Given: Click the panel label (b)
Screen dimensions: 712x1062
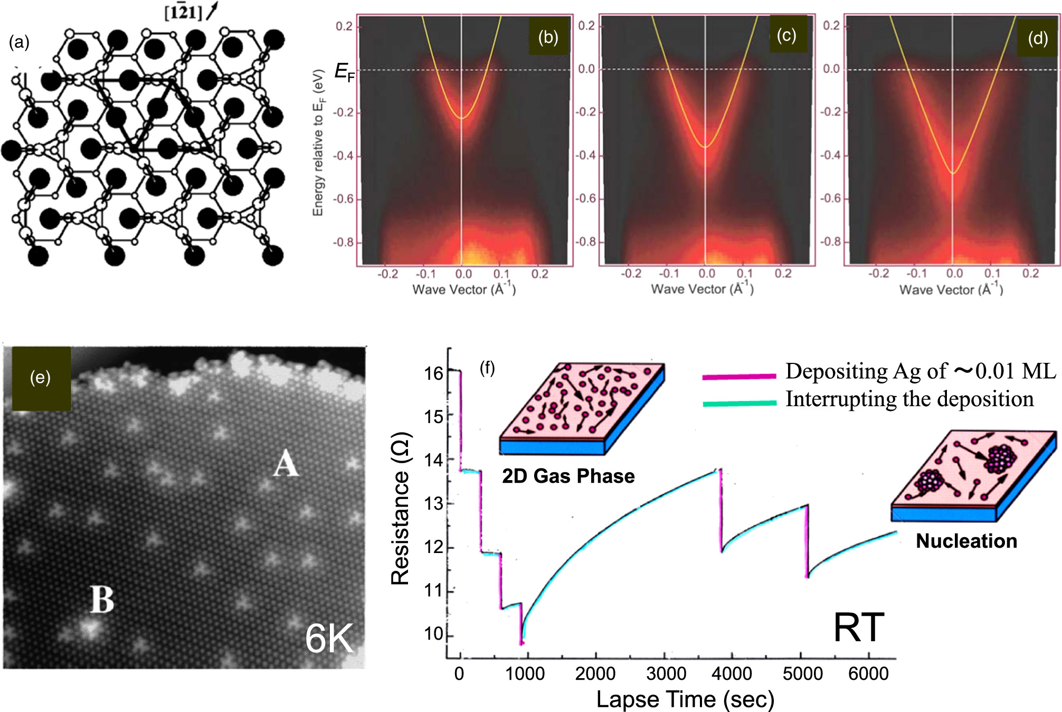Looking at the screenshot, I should click(548, 37).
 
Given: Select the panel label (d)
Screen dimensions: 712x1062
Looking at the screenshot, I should click(1037, 38).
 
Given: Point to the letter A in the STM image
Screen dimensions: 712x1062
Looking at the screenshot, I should click(286, 463).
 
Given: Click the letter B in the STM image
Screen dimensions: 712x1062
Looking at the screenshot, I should click(102, 599).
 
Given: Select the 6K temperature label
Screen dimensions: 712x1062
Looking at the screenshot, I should click(329, 639).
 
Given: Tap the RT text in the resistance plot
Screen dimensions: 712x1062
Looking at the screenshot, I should click(858, 627).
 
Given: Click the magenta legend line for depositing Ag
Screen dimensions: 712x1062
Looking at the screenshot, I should click(739, 376).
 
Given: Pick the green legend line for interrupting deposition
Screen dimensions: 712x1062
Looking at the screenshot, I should click(739, 403).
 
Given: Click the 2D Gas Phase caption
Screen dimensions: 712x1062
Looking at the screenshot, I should click(568, 476).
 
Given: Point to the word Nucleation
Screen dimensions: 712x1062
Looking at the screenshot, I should click(966, 541).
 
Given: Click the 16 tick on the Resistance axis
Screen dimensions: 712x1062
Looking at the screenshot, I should click(433, 373).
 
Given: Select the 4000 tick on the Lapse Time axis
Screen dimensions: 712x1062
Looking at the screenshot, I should click(732, 673).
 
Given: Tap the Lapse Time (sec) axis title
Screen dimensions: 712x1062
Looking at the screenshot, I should click(685, 699).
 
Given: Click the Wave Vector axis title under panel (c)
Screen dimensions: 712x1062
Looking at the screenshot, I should click(702, 289).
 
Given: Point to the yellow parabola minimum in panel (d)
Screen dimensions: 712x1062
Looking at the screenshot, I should click(953, 173).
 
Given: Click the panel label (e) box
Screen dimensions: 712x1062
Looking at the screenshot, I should click(41, 378).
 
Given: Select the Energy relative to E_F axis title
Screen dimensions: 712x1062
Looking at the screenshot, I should click(318, 143).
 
